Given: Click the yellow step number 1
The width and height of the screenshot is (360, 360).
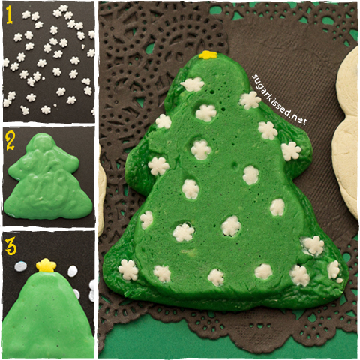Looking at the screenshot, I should click(10, 13).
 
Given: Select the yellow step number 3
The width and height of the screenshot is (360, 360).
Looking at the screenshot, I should click(10, 244).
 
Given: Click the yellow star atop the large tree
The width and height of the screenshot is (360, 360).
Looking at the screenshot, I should click(208, 55).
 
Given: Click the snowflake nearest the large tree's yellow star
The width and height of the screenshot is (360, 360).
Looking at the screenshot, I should click(193, 84).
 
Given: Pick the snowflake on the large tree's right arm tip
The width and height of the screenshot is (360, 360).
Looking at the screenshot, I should click(290, 151).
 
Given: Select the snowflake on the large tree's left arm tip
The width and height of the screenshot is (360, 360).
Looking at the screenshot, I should click(158, 165).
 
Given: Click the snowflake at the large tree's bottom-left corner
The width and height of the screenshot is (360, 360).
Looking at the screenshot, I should click(129, 270).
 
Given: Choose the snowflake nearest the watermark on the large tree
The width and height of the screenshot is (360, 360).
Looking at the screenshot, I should click(250, 100).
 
